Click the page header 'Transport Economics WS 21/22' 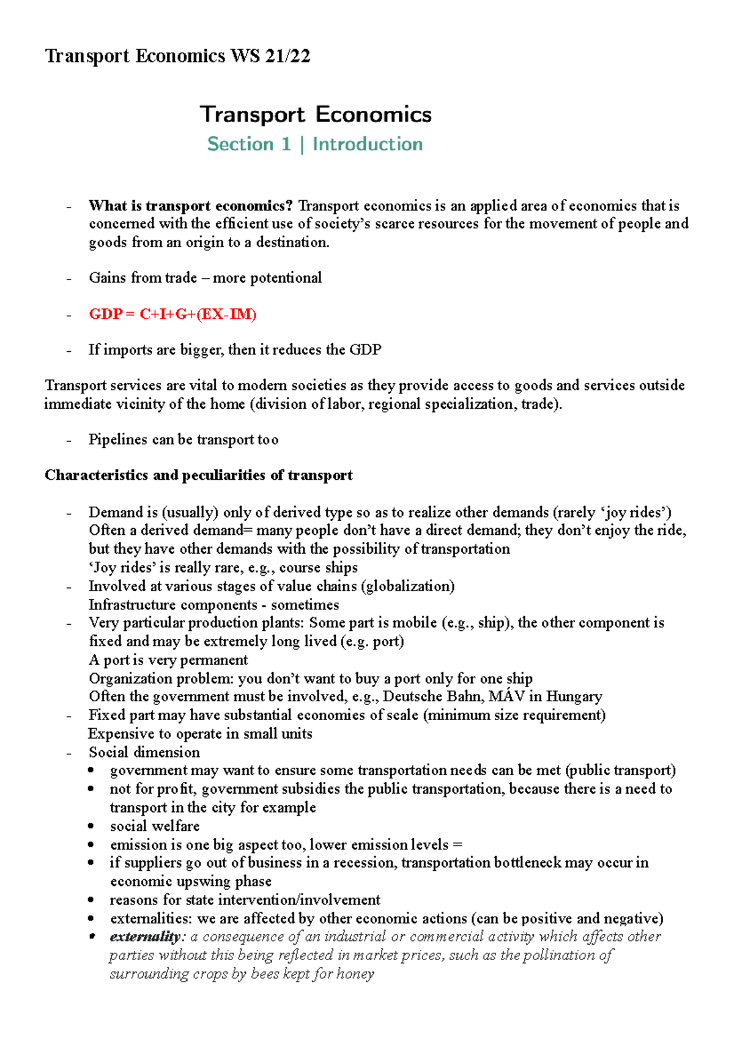[x=177, y=56]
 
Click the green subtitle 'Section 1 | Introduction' [x=315, y=144]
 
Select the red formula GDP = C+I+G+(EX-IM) [x=172, y=315]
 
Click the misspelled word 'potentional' [x=286, y=278]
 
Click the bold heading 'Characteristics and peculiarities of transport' [x=199, y=475]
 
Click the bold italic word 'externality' [x=145, y=937]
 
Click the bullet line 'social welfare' [x=155, y=826]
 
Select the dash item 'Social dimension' [x=144, y=752]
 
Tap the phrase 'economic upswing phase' [x=191, y=881]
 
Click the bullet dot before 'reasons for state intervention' [x=91, y=900]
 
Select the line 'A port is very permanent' [x=168, y=660]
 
